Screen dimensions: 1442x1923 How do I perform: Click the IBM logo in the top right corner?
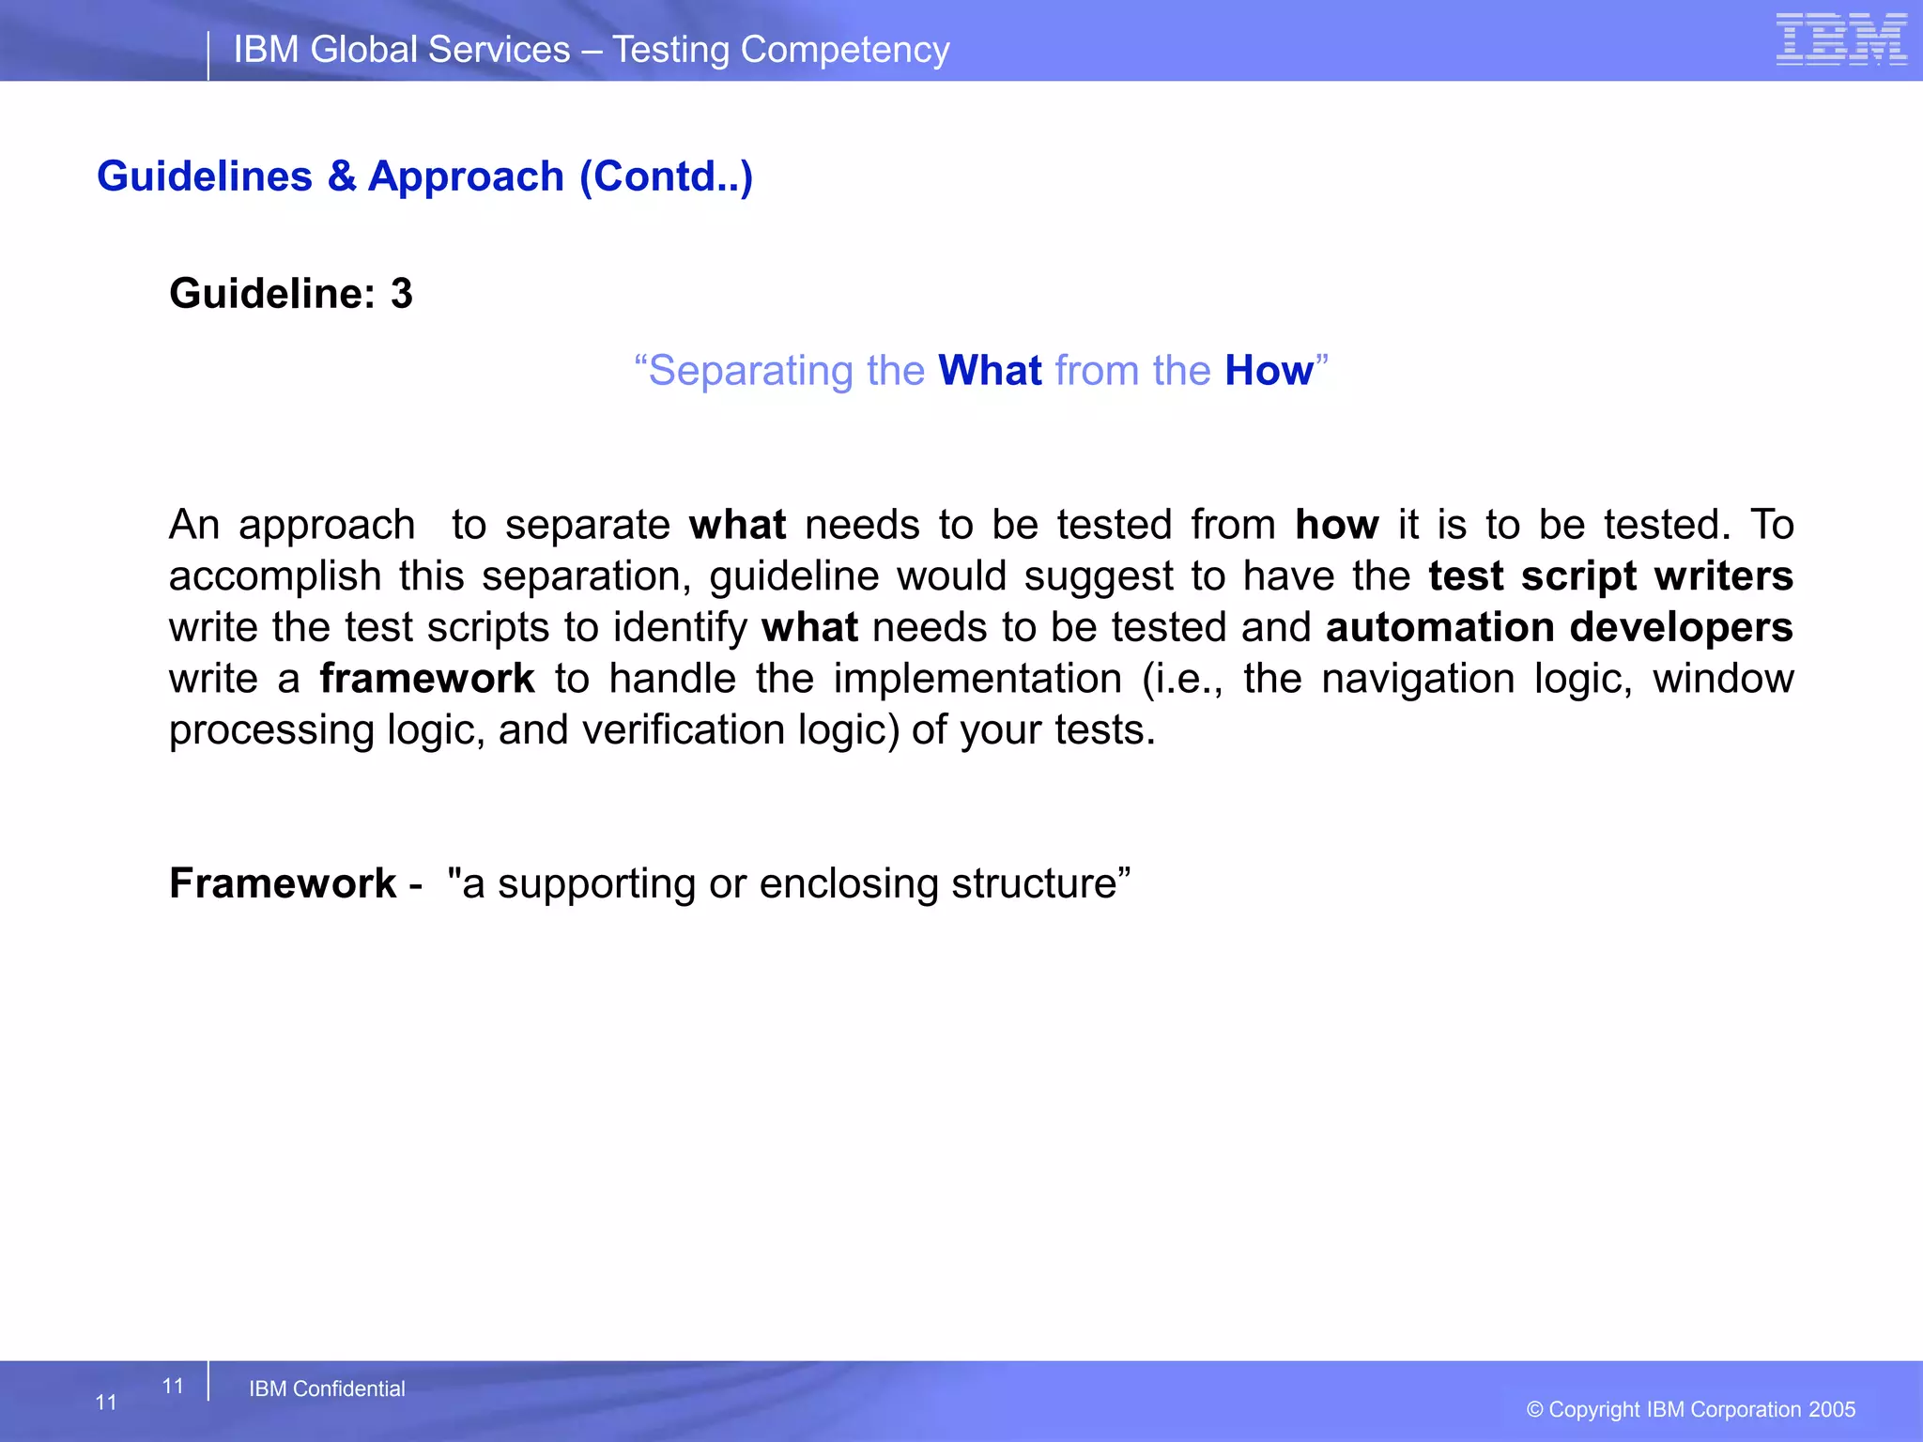(x=1840, y=39)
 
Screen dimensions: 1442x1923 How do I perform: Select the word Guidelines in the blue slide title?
(x=205, y=176)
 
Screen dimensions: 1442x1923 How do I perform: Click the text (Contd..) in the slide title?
(x=666, y=176)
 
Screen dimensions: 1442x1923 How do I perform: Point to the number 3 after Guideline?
(x=402, y=294)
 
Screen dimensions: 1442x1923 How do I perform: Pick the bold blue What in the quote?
(x=990, y=371)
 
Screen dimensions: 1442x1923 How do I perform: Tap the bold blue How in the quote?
(x=1269, y=371)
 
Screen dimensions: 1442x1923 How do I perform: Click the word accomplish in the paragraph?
(x=275, y=576)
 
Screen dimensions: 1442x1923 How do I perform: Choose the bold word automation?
(x=1439, y=627)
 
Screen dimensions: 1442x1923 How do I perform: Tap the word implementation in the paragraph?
(x=977, y=679)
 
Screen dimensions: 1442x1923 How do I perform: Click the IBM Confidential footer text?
(x=327, y=1388)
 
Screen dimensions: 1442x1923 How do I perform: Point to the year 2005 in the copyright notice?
(x=1832, y=1409)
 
